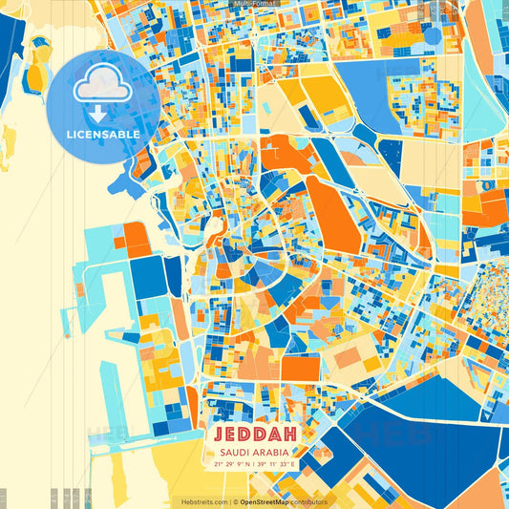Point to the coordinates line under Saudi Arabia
253,464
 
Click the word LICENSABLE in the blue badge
103,135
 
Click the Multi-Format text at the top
254,4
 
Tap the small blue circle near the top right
433,36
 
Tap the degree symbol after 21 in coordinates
222,462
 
